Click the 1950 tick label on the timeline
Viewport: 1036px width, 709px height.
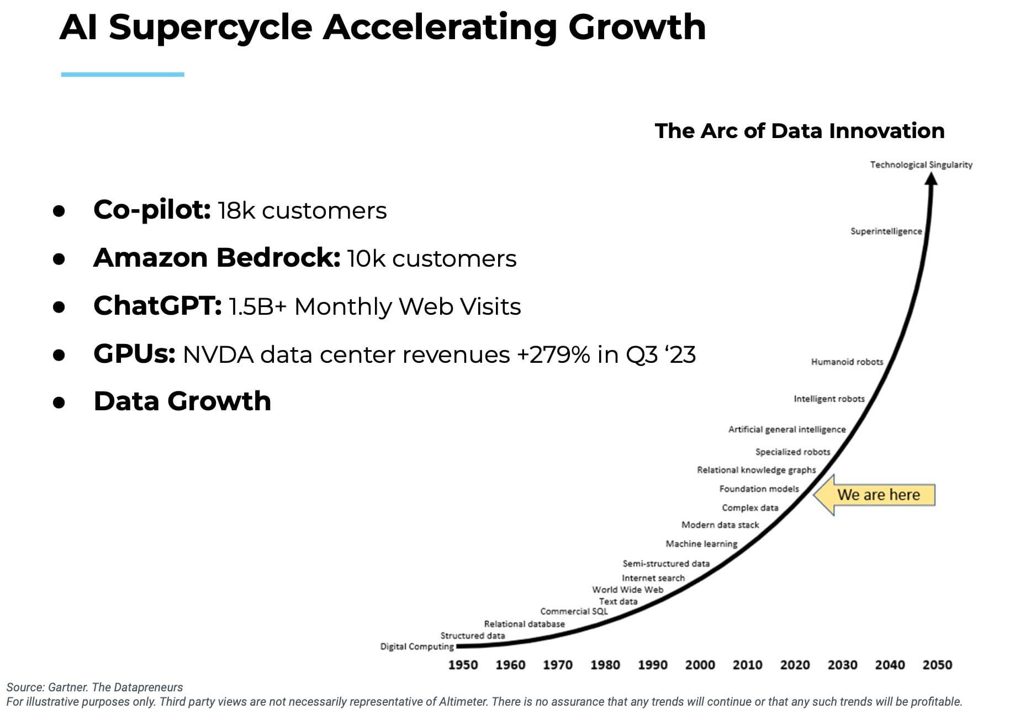[463, 664]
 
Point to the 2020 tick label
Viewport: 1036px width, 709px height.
[795, 664]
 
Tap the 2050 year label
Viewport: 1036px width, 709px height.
[937, 664]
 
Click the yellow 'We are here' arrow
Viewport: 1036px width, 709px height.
[875, 495]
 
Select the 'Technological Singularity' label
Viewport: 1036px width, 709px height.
[921, 165]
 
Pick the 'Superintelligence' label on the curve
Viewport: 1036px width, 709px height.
[886, 231]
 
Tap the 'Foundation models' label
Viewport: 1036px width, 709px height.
[759, 489]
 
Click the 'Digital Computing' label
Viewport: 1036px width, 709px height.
[416, 646]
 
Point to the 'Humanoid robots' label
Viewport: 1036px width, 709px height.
[847, 362]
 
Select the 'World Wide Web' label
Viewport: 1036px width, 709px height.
[627, 589]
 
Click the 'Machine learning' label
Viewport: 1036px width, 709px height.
[701, 544]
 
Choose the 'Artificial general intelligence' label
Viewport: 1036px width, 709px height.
[786, 429]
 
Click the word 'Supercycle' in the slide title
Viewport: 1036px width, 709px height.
[210, 28]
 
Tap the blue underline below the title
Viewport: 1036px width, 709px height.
[123, 75]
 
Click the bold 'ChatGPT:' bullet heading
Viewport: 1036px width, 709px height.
[157, 306]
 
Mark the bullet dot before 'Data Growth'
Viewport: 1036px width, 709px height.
[59, 403]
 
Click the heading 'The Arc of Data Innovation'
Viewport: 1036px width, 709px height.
[799, 131]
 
